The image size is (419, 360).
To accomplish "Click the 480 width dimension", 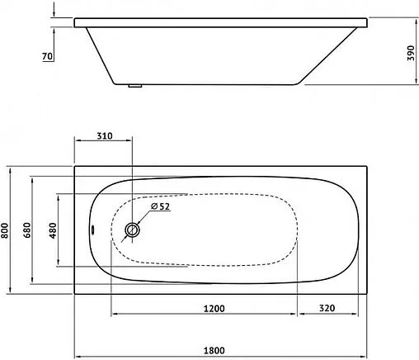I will [54, 230].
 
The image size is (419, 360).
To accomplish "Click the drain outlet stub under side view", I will [137, 85].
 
